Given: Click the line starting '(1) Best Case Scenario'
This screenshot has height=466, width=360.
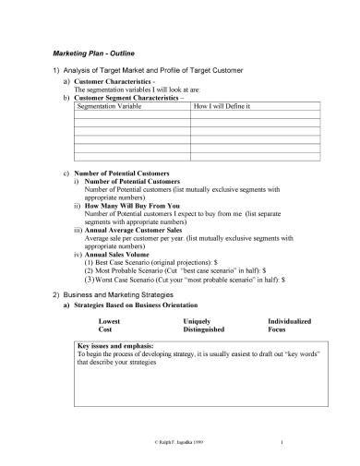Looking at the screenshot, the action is [x=175, y=263].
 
